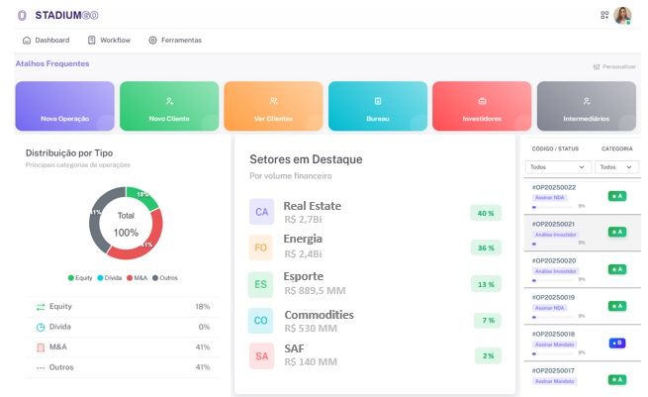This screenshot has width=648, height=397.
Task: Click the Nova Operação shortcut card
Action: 65,106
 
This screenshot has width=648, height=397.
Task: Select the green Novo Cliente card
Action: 169,106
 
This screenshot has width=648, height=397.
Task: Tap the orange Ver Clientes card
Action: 273,106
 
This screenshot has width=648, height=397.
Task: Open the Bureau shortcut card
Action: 377,106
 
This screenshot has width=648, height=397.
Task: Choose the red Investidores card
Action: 482,106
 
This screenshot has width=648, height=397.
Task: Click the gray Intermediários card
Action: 586,106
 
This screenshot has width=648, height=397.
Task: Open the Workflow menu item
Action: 109,41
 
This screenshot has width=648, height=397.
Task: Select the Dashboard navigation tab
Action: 46,41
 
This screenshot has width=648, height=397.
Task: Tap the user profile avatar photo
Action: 621,15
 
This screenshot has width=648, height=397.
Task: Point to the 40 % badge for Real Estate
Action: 486,213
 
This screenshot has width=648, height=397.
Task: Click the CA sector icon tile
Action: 261,212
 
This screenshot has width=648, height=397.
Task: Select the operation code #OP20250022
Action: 554,187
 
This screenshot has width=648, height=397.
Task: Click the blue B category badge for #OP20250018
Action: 616,343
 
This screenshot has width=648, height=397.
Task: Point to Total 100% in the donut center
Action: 126,224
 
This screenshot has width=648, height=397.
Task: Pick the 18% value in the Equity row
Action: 203,307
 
